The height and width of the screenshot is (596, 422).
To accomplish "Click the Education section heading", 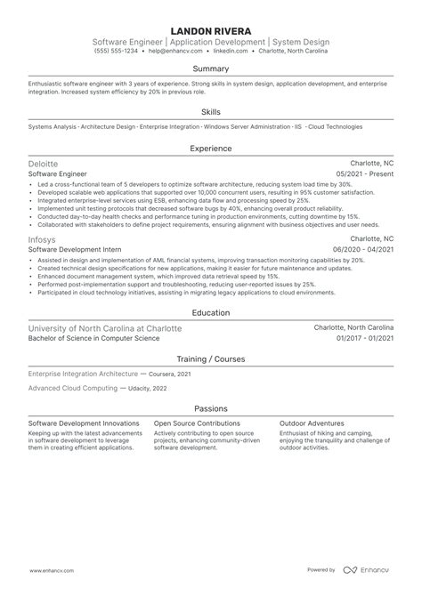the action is tap(211, 314).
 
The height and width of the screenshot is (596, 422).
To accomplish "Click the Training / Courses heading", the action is tap(211, 358).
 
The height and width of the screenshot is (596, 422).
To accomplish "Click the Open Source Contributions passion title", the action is tap(196, 423).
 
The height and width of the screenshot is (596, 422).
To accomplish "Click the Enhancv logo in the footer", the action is tap(371, 570).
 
